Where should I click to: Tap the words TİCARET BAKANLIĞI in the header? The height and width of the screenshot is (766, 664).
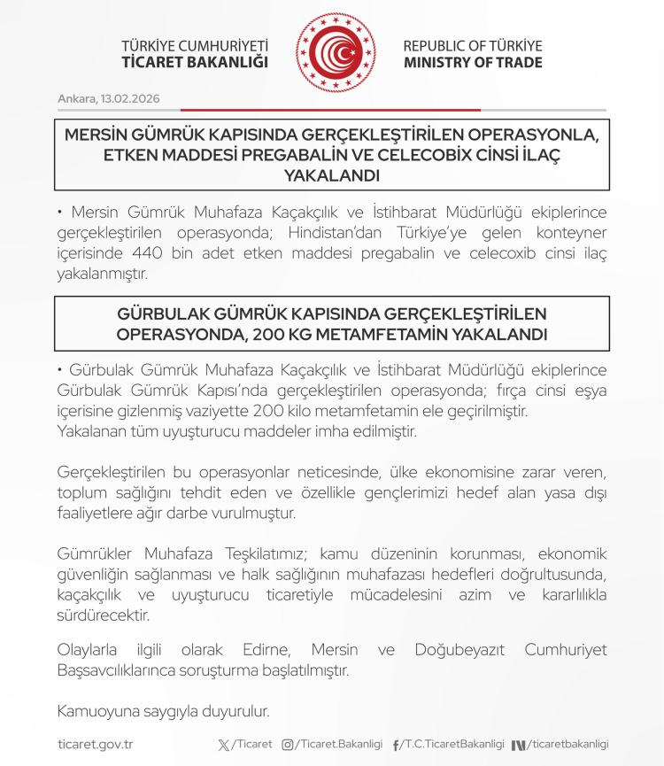click(195, 63)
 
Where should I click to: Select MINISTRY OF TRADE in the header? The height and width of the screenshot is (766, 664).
click(473, 63)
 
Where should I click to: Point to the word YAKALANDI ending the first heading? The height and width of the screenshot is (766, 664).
click(331, 175)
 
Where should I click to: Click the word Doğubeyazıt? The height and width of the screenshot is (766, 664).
click(463, 651)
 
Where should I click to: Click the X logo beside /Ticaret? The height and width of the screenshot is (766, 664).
click(223, 745)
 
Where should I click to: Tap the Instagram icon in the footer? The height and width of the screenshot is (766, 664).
click(288, 745)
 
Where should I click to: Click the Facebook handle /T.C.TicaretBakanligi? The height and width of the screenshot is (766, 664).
click(454, 745)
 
